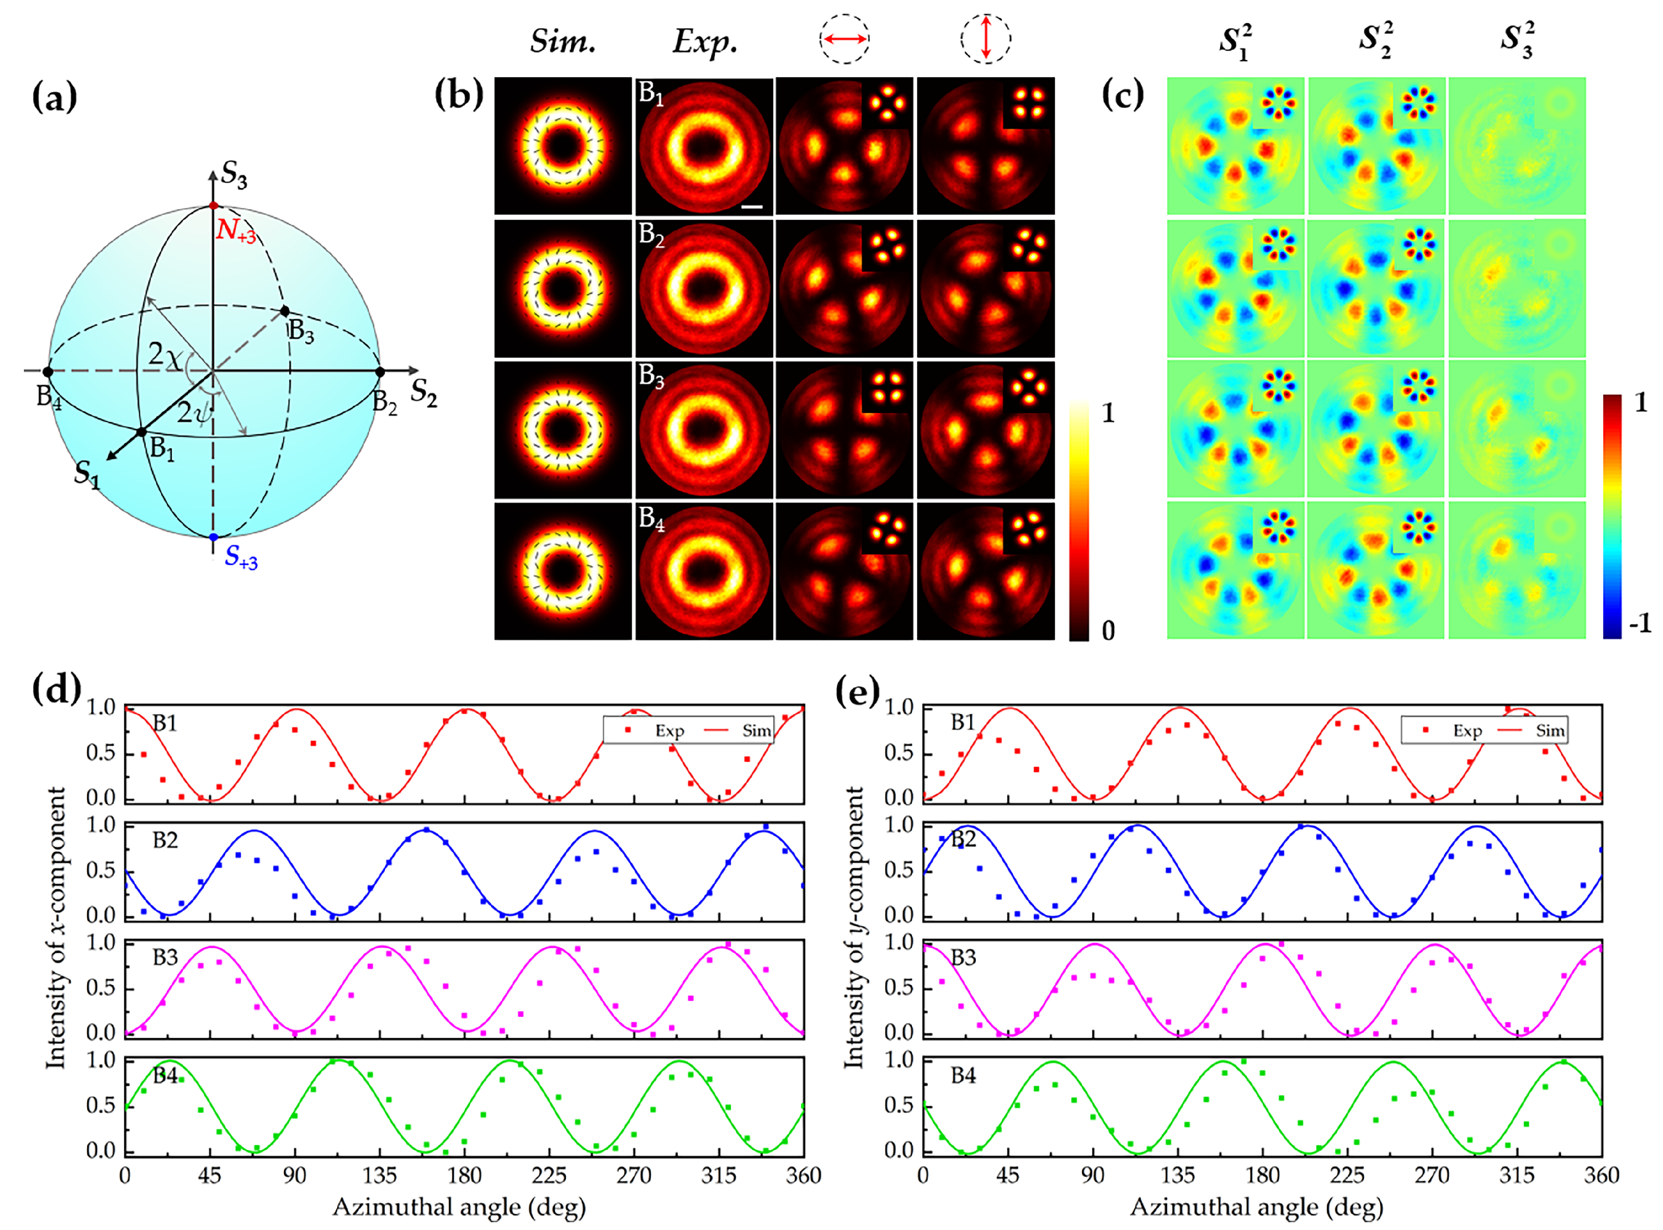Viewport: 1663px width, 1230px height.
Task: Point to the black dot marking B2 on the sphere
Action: tap(379, 372)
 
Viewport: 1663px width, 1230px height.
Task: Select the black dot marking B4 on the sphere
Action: tap(48, 372)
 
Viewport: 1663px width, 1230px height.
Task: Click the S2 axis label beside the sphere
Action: tap(424, 392)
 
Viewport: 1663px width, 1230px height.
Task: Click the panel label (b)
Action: tap(458, 95)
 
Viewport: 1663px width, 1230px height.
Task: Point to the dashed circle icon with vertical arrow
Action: tap(985, 37)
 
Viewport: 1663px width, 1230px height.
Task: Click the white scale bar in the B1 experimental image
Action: tap(752, 206)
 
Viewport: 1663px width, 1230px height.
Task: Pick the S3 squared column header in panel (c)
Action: tap(1516, 41)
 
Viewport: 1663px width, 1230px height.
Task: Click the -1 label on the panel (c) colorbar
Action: tap(1639, 623)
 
